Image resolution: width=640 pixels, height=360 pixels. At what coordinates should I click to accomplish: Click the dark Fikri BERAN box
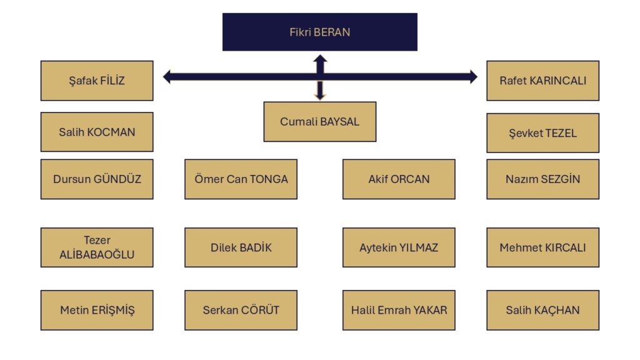point(319,32)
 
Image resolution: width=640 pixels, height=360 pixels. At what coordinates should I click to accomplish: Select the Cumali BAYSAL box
point(319,122)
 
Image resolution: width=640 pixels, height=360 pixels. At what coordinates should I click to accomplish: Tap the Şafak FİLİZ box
point(97,81)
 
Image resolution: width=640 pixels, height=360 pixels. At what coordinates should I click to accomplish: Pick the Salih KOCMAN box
point(97,132)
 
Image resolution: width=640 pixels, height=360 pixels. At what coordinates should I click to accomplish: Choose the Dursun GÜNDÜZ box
point(97,179)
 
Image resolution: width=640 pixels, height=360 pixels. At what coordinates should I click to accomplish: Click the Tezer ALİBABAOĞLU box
point(97,247)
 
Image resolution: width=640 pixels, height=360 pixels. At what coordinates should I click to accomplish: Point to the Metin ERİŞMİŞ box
point(97,310)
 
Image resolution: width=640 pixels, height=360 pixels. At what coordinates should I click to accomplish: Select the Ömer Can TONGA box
point(241,179)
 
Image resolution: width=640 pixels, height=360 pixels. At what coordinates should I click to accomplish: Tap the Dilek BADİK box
point(241,247)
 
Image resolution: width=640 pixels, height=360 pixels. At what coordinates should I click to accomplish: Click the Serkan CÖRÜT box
point(241,310)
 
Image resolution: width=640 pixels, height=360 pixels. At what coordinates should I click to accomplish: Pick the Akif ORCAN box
point(399,179)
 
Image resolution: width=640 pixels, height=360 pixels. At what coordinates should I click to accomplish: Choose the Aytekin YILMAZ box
point(399,247)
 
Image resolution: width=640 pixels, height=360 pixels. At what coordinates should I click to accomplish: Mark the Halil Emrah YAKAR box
point(399,310)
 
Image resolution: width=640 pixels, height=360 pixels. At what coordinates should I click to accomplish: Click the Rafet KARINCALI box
point(543,81)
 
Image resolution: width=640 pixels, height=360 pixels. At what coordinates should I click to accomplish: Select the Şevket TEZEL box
point(543,133)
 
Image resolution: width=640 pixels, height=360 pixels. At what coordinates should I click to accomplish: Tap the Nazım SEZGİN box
point(543,179)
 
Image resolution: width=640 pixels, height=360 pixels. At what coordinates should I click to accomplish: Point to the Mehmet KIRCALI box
point(543,247)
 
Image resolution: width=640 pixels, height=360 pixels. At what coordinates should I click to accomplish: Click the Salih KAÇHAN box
point(543,310)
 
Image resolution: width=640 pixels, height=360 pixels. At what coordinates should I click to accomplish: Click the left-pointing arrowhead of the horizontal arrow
point(166,76)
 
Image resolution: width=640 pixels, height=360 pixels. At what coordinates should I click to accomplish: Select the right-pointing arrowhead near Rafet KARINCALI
point(474,76)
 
